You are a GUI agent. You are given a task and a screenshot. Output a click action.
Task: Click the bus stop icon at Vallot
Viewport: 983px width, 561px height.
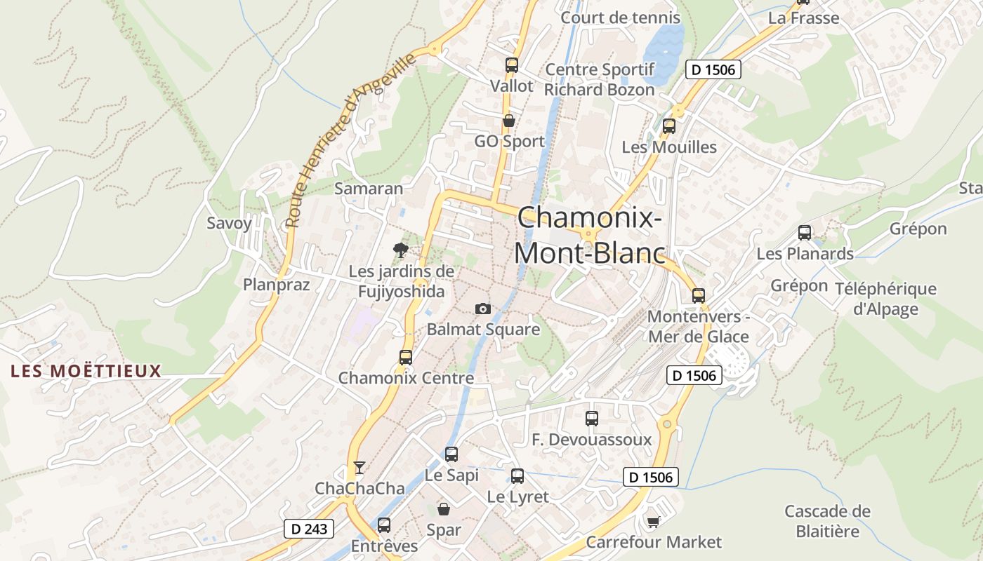pos(511,65)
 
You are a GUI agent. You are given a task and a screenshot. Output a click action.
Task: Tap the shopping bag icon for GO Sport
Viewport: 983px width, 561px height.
pos(509,121)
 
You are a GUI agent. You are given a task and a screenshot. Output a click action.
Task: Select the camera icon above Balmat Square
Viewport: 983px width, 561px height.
pos(482,309)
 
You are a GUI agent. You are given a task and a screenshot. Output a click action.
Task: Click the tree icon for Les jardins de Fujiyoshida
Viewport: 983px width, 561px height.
pos(400,250)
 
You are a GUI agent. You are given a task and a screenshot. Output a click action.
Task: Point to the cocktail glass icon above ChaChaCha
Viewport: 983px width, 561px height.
pos(359,467)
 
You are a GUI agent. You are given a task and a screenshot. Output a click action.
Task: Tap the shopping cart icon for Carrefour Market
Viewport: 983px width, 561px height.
pos(653,521)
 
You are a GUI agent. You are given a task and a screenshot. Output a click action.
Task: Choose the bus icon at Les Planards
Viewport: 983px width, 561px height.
pos(805,232)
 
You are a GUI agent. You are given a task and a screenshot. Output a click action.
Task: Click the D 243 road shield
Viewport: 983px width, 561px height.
pos(308,529)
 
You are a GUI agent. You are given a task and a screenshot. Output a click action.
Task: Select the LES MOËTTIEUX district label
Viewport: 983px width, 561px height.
pos(86,371)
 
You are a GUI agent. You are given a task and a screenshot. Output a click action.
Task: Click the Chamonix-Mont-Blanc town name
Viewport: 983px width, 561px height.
pos(590,235)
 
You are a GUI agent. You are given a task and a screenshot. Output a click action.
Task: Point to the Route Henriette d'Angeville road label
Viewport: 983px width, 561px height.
pos(351,140)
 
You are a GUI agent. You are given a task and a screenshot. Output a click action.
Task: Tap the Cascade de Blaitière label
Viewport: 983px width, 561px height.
pos(827,521)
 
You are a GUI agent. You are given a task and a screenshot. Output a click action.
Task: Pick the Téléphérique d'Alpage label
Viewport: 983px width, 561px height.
pos(885,299)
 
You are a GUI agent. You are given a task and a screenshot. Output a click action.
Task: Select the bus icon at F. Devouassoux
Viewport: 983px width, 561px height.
pos(592,419)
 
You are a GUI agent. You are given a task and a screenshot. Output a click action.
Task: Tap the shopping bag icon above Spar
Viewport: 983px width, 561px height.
pos(444,508)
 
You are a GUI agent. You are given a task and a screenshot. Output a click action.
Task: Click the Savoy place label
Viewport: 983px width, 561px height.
pos(229,224)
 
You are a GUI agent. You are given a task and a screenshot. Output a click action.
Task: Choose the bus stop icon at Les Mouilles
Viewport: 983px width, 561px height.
pos(668,126)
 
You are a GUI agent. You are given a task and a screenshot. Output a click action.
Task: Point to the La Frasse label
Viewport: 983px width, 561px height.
pos(803,18)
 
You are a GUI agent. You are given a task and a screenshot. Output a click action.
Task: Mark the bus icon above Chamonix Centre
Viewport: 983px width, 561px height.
pos(405,357)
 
